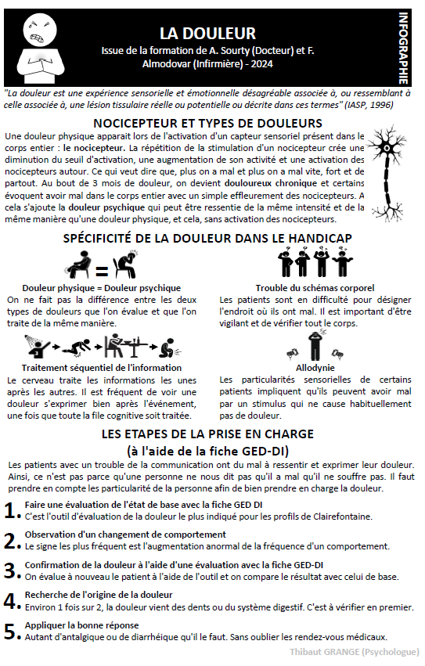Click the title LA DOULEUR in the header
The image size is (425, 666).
click(x=207, y=33)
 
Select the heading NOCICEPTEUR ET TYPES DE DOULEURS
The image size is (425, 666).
click(x=207, y=123)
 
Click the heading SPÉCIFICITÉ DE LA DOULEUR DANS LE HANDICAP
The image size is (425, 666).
click(x=207, y=237)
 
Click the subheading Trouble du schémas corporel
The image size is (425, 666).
click(x=315, y=288)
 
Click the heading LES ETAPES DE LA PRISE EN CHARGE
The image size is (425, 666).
click(x=207, y=434)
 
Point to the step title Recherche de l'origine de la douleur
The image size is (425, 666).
click(x=99, y=595)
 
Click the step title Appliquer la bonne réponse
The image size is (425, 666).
click(x=82, y=625)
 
